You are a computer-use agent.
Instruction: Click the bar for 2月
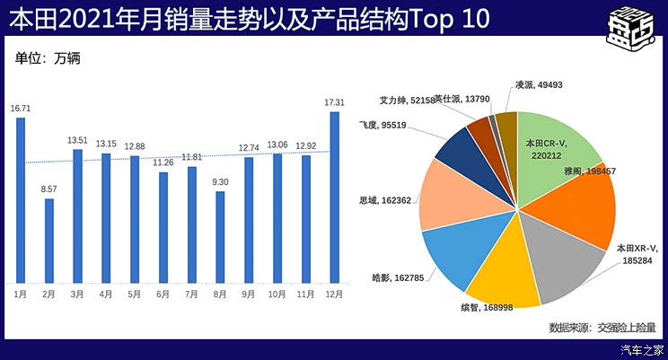49,241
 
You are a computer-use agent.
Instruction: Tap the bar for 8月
220,237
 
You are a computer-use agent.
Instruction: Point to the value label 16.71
21,108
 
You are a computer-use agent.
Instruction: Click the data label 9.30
220,182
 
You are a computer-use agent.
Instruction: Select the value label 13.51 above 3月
78,140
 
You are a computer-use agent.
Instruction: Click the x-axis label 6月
163,294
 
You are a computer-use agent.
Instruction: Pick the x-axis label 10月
277,294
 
